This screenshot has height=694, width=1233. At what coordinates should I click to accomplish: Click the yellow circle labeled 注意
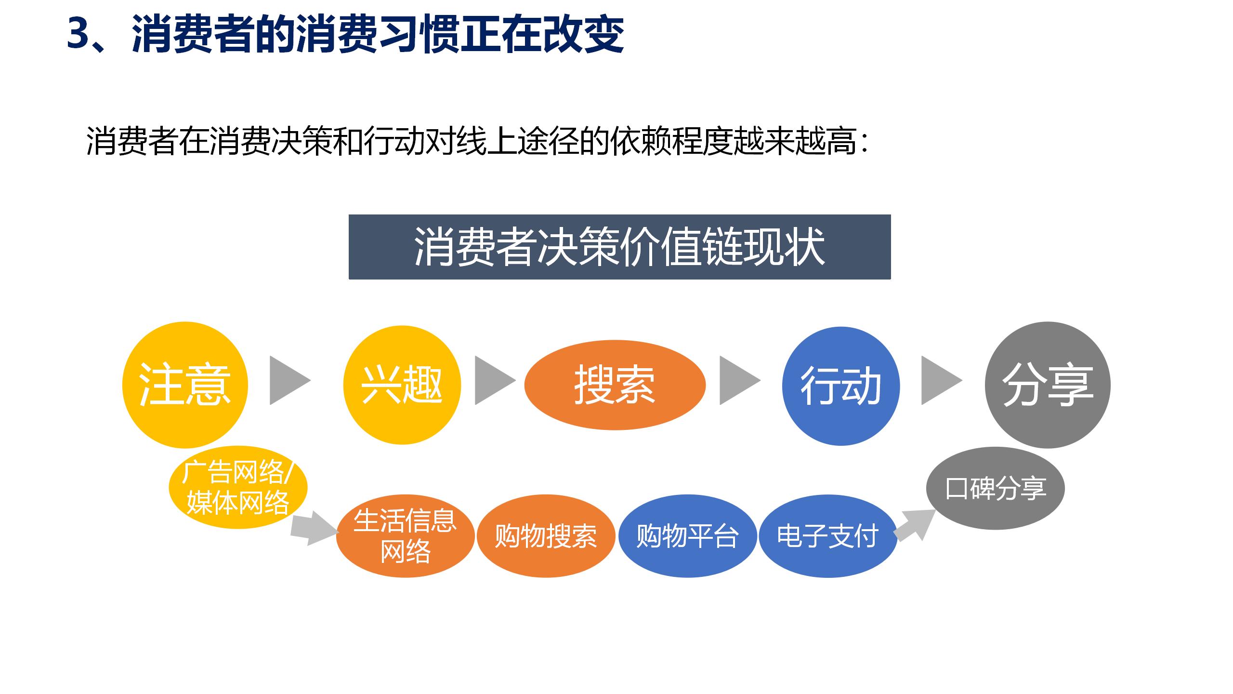(x=185, y=385)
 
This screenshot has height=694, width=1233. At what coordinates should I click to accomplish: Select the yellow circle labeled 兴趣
(x=402, y=385)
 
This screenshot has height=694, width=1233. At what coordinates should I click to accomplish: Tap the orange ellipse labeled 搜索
(x=615, y=385)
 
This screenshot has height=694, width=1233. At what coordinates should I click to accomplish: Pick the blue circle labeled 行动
(x=840, y=386)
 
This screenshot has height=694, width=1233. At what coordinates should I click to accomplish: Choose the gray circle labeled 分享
(x=1048, y=385)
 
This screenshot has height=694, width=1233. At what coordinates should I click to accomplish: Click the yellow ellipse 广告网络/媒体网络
(x=238, y=487)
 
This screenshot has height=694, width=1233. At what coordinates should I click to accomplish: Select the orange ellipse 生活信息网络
(x=405, y=535)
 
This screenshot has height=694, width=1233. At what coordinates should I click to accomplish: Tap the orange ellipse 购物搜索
(x=546, y=535)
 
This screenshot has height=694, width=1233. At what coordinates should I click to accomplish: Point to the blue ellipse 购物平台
(x=687, y=535)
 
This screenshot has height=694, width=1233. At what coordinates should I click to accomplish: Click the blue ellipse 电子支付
(x=827, y=535)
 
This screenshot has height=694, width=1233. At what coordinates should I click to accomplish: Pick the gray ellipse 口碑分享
(x=995, y=488)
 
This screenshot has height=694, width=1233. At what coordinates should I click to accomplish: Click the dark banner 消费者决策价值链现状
(x=619, y=247)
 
